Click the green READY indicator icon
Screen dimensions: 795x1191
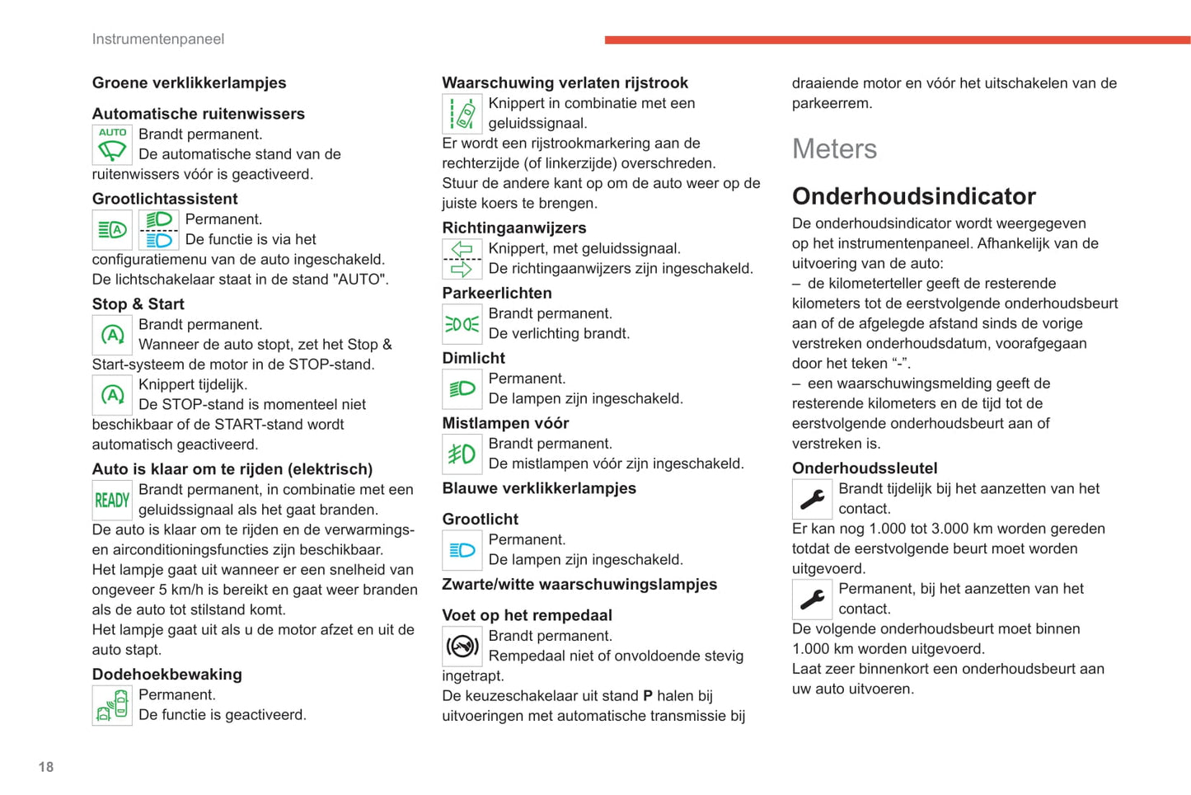tap(112, 500)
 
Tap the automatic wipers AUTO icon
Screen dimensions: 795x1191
tap(112, 145)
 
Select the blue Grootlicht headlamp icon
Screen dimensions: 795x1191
tap(462, 550)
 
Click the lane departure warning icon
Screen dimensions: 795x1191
tap(462, 114)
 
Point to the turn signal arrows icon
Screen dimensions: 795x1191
tap(462, 259)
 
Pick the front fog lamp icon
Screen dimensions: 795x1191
tap(462, 454)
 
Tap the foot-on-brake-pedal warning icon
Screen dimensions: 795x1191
tap(462, 647)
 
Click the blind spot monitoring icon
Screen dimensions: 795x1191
tap(112, 705)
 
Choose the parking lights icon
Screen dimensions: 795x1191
tap(462, 324)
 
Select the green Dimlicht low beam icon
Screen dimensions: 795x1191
tap(462, 389)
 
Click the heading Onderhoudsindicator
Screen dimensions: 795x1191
tap(913, 196)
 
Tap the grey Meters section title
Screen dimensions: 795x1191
tap(834, 149)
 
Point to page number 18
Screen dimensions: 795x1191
tap(46, 767)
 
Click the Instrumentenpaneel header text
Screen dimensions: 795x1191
tap(157, 40)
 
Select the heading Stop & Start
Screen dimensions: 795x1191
tap(138, 304)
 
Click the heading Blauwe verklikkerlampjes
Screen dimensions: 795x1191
tap(539, 488)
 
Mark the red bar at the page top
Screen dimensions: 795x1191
tap(897, 40)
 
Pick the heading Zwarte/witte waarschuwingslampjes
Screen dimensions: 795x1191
tap(579, 585)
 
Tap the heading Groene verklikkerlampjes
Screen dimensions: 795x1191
tap(189, 82)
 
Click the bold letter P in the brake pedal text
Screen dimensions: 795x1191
tap(648, 696)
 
